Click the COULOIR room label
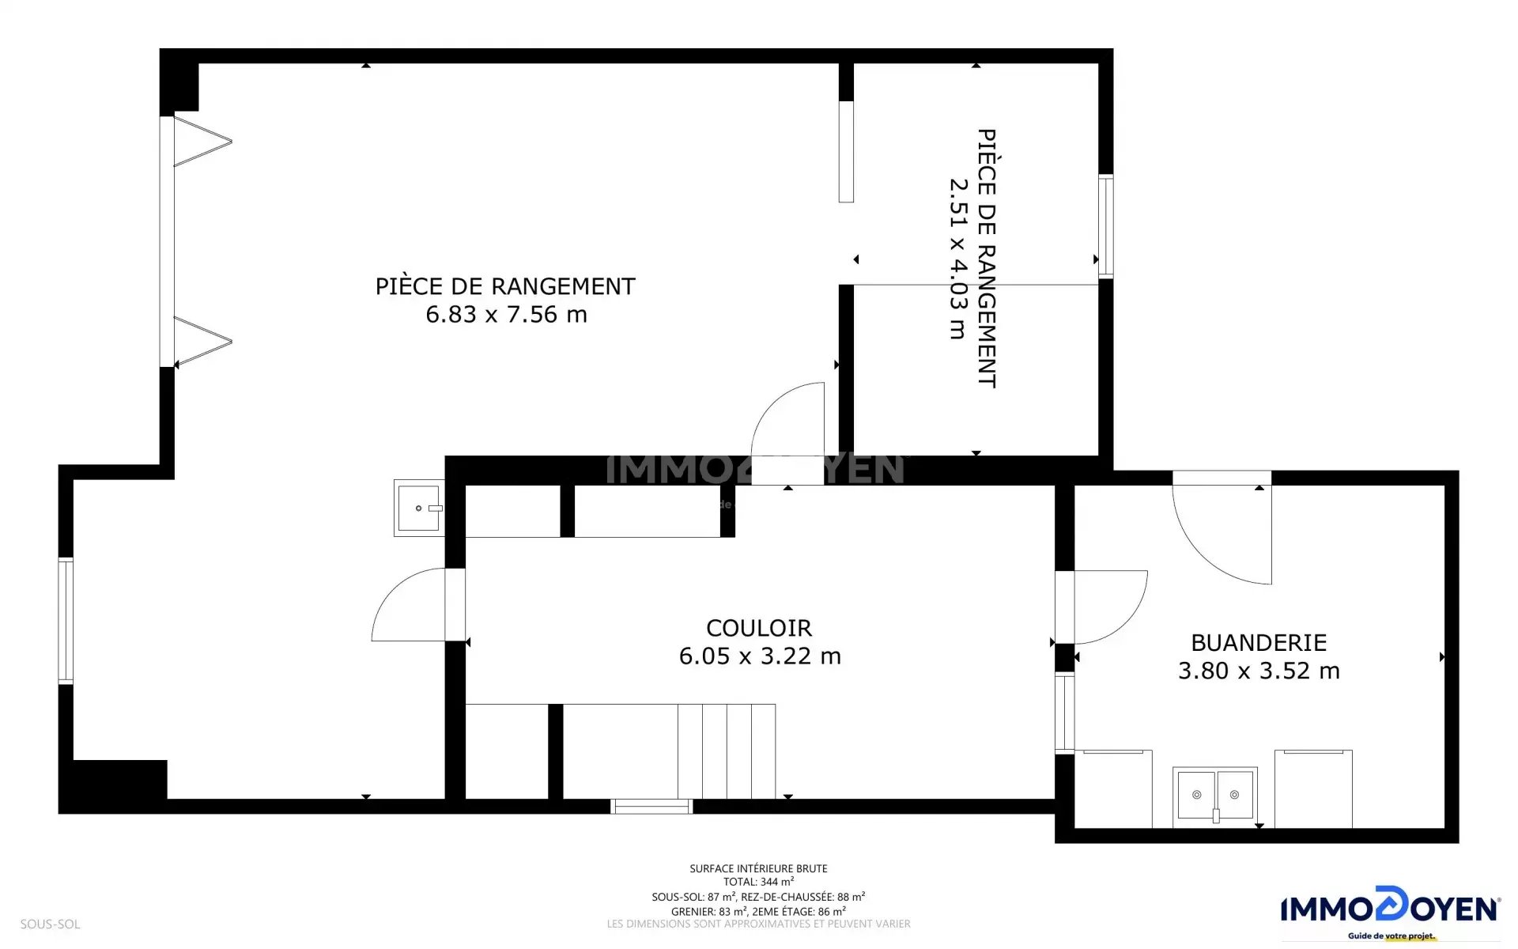759,628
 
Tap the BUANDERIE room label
1259,643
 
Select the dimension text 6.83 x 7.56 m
507,315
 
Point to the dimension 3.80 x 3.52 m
1259,671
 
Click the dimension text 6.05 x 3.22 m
760,656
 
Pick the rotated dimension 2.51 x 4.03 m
958,259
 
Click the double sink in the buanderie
1215,796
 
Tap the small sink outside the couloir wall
419,508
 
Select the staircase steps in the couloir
727,751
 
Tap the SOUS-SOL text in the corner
50,924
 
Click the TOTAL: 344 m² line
758,882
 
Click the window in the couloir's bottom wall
652,807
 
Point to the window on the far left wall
66,621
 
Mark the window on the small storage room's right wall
1106,226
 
